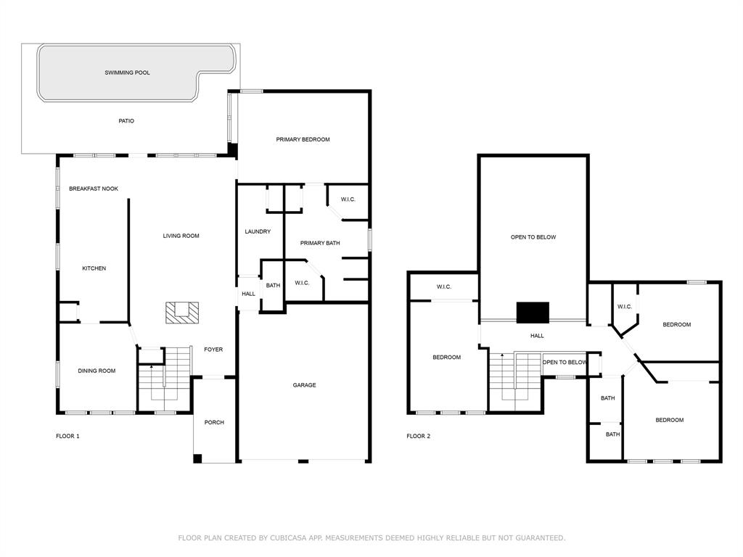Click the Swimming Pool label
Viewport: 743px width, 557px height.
[127, 73]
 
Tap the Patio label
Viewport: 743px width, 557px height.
[126, 121]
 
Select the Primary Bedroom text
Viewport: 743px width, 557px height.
[303, 139]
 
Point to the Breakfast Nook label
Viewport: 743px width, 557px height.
[94, 189]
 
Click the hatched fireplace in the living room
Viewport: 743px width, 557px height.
[182, 313]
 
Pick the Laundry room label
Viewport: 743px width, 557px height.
[258, 231]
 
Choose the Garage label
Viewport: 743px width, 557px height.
[304, 385]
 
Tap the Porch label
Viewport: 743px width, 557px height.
[214, 423]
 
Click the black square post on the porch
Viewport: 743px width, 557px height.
[197, 458]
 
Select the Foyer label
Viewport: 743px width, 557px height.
[213, 350]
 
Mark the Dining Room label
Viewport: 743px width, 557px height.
[97, 371]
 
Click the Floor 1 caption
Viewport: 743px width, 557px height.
[67, 436]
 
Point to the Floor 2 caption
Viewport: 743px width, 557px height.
[419, 436]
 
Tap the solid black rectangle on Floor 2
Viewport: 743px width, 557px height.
[533, 313]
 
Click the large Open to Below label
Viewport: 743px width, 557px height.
[533, 237]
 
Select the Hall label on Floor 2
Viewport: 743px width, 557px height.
[537, 336]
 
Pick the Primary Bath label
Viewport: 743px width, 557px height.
[320, 243]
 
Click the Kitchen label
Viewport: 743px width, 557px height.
[94, 268]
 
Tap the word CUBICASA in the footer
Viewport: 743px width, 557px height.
[289, 537]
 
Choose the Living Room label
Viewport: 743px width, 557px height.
[181, 236]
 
